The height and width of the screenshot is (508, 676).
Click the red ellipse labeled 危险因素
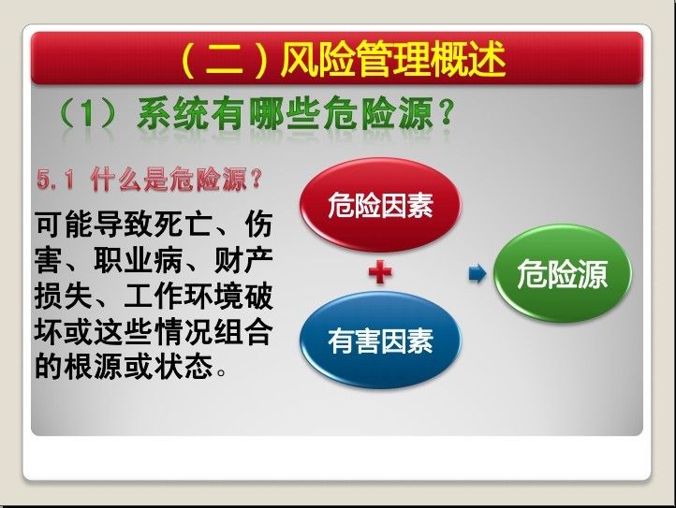[380, 204]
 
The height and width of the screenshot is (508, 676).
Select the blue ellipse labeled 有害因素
[380, 341]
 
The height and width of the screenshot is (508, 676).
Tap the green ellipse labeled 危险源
[562, 273]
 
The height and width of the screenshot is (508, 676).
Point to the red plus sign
[380, 273]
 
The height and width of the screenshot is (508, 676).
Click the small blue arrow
[478, 273]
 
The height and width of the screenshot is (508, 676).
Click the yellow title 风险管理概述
[393, 59]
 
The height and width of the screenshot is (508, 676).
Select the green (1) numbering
[88, 114]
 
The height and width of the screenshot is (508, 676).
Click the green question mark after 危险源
[448, 114]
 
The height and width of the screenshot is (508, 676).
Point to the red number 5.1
[56, 180]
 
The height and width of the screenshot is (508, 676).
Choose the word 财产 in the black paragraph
[243, 261]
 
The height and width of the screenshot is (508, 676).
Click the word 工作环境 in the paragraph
[184, 297]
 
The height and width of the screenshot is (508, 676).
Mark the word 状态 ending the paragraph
[184, 367]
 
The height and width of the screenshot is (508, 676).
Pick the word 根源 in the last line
[94, 367]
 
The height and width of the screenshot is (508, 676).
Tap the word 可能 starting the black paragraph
[64, 225]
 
